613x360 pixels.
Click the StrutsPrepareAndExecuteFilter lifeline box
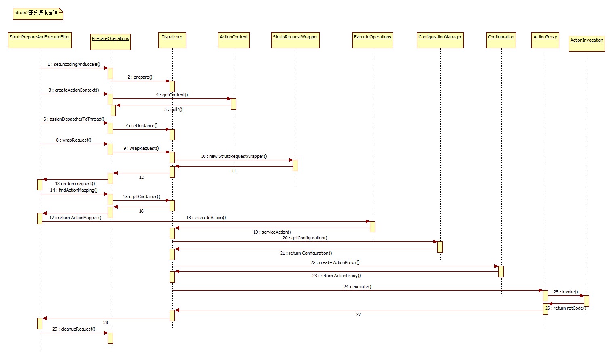tap(40, 40)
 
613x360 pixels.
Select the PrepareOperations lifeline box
tap(111, 42)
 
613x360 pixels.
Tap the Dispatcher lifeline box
tap(172, 40)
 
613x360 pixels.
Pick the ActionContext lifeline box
tap(234, 40)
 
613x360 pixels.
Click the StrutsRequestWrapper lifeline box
tap(296, 40)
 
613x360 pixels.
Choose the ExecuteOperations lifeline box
tap(372, 40)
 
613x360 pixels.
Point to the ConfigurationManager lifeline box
tap(440, 40)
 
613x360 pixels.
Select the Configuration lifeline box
tap(501, 40)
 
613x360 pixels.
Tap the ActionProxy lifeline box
tap(545, 40)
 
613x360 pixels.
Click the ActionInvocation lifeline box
tap(587, 43)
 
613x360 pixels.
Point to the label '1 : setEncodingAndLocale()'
tap(74, 64)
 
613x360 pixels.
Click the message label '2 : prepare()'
tap(140, 77)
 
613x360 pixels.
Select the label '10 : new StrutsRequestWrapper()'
tap(234, 156)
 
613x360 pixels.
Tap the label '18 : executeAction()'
tap(206, 218)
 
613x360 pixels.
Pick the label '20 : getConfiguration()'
tap(305, 238)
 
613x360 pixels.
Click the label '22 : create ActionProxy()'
tap(335, 262)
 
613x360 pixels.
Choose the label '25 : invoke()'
tap(566, 292)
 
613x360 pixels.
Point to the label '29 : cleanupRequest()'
tap(74, 329)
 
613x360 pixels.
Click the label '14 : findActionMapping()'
tap(74, 190)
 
